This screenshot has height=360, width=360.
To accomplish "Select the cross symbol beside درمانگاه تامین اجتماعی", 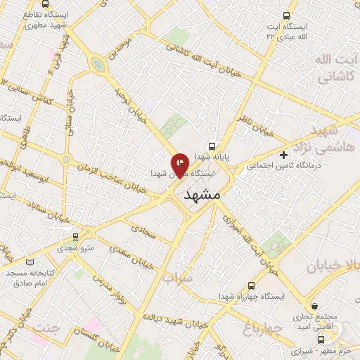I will (283, 155).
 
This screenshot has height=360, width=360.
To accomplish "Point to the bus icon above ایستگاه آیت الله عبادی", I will (285, 15).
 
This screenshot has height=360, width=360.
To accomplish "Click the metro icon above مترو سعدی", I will (75, 237).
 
